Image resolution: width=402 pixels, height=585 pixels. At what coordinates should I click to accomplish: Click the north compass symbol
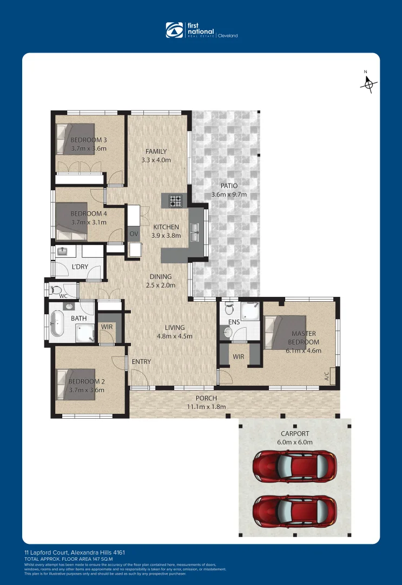point(369,83)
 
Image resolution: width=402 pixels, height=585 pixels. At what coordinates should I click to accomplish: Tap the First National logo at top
point(201,30)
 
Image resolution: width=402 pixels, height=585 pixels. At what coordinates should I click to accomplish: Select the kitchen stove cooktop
point(176,201)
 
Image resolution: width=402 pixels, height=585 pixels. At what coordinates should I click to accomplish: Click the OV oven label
point(134,234)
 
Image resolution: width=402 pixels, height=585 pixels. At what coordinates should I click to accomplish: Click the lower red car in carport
point(294,510)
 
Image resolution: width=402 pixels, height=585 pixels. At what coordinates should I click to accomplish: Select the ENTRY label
point(141,362)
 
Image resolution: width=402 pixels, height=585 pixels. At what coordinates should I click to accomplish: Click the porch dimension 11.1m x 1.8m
point(206,407)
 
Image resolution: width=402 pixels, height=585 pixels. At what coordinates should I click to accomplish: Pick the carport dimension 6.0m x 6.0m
point(294,442)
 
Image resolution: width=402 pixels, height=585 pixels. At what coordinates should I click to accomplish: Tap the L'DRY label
point(81,267)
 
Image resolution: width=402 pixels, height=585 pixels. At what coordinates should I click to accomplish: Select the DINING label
point(161,276)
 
